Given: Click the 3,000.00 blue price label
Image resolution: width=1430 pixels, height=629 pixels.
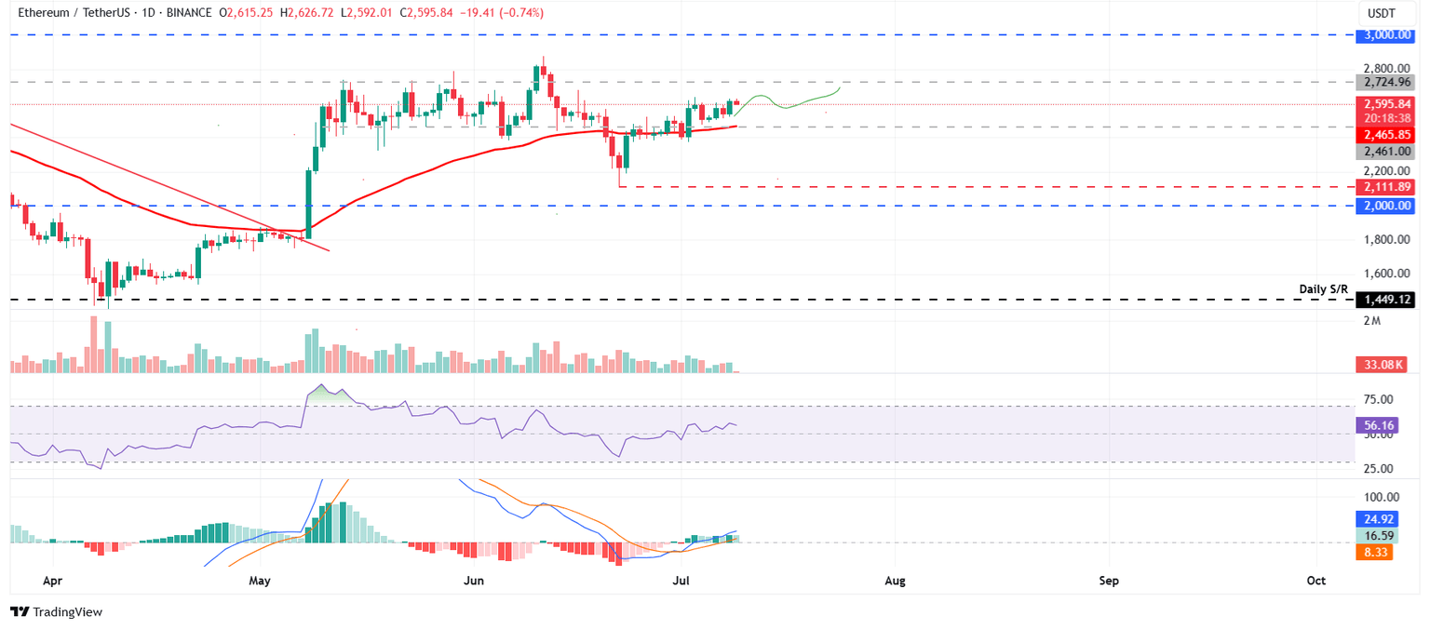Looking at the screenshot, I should click(x=1385, y=34).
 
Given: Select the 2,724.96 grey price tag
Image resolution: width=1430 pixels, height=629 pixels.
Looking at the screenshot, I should click(x=1385, y=82).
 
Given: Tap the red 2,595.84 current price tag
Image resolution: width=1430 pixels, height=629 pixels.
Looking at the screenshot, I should click(x=1385, y=104).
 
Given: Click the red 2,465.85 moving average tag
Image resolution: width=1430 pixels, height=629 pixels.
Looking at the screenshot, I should click(x=1385, y=134).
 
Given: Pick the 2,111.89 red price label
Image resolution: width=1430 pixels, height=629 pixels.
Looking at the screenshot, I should click(x=1385, y=187).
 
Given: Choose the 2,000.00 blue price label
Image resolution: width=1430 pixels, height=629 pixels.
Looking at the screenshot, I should click(x=1385, y=205).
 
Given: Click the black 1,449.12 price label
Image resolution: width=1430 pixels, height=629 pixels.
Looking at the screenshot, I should click(x=1385, y=300).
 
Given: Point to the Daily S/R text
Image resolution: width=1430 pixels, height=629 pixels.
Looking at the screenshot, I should click(x=1323, y=289).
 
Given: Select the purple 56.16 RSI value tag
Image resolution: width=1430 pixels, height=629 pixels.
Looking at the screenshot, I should click(x=1378, y=424).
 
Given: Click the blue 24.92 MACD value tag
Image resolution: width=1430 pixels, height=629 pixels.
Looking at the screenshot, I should click(x=1378, y=519).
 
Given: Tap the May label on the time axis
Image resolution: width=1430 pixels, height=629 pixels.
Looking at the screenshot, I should click(x=260, y=581).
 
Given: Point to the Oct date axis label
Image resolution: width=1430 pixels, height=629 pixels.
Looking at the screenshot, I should click(x=1316, y=581).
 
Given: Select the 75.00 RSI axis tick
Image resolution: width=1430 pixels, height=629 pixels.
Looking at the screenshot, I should click(x=1378, y=399).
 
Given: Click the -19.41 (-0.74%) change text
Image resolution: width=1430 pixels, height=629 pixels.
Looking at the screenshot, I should click(x=497, y=13).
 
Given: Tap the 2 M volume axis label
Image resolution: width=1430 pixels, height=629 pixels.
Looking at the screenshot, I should click(x=1371, y=321).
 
